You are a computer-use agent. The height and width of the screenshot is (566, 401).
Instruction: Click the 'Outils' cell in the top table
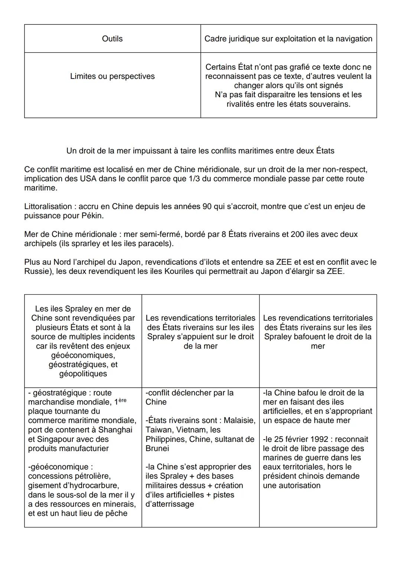(x=112, y=39)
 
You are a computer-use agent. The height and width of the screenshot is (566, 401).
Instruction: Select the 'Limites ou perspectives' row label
(x=112, y=76)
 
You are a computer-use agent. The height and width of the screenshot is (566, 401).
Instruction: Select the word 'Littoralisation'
(x=48, y=206)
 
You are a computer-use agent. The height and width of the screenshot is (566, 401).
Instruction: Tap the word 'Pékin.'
(x=93, y=216)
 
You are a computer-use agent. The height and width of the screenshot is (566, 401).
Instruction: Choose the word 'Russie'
(x=36, y=271)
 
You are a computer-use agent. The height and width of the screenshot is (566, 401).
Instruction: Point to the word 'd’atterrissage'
(x=170, y=504)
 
